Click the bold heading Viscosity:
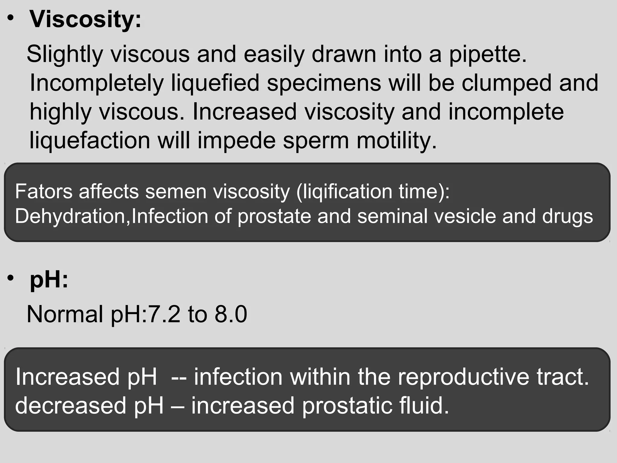pos(85,20)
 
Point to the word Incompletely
pos(96,83)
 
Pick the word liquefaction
pos(90,141)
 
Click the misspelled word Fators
pos(44,191)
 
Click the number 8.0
pos(231,314)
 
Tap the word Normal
pos(65,314)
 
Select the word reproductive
pos(463,377)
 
